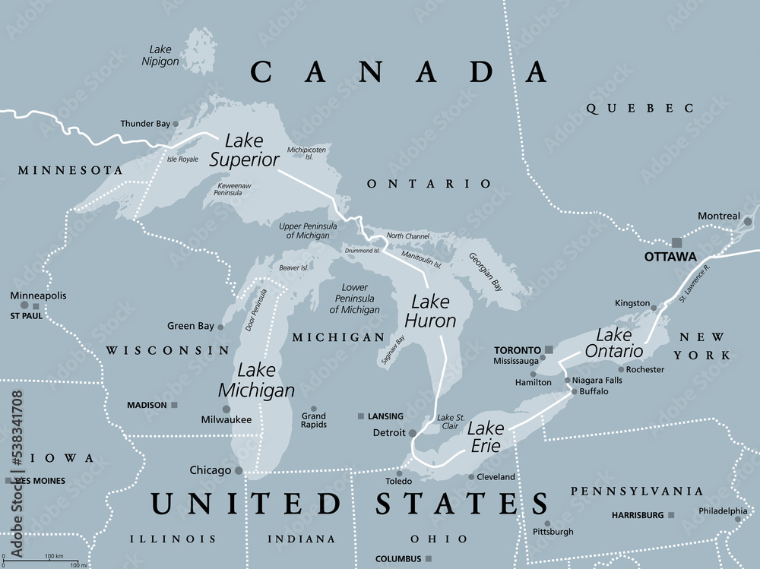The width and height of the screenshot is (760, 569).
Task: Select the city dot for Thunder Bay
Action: [x=176, y=123]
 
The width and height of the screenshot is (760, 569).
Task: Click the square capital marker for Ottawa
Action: [x=676, y=242]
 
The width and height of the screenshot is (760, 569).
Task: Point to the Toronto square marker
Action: [x=548, y=349]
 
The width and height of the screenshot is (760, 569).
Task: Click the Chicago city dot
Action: [x=239, y=471]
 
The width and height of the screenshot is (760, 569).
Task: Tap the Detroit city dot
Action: [x=412, y=433]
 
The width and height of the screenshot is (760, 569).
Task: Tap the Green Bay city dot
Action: [x=220, y=327]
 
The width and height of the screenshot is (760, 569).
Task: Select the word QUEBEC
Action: [x=639, y=109]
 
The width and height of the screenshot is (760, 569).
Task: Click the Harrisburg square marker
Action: [x=671, y=515]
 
